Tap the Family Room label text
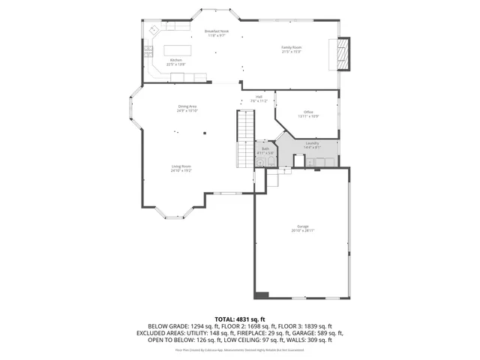point(292,47)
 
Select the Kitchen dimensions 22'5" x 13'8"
point(176,64)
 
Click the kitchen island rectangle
point(178,50)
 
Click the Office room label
point(308,112)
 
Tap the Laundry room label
point(312,142)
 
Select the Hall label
point(259,96)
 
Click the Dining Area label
point(187,106)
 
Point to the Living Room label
point(181,166)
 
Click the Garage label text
point(303,226)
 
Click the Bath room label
point(265,148)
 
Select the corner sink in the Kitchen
point(152,31)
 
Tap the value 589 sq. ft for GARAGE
point(328,333)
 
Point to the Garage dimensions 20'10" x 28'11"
point(303,230)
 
